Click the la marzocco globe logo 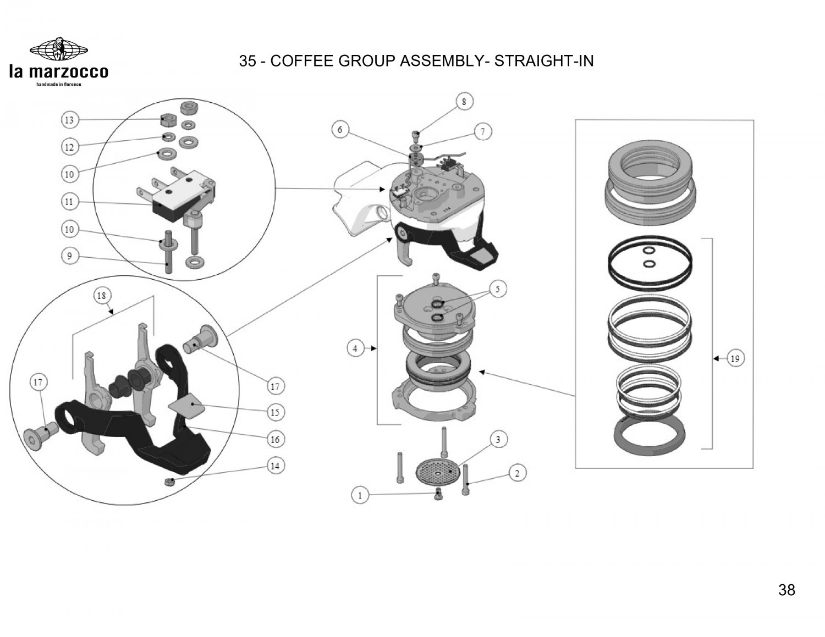(x=58, y=49)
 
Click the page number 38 (x=787, y=590)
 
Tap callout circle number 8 (x=464, y=102)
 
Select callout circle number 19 (x=735, y=359)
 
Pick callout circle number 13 (x=69, y=120)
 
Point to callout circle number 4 (x=355, y=348)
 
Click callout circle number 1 (x=360, y=495)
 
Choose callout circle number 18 (x=102, y=296)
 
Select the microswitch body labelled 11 (x=176, y=201)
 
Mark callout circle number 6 (x=340, y=130)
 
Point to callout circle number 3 (x=498, y=440)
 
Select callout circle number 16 (x=275, y=439)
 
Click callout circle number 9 (x=69, y=256)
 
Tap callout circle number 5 (x=498, y=289)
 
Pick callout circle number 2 (x=518, y=473)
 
